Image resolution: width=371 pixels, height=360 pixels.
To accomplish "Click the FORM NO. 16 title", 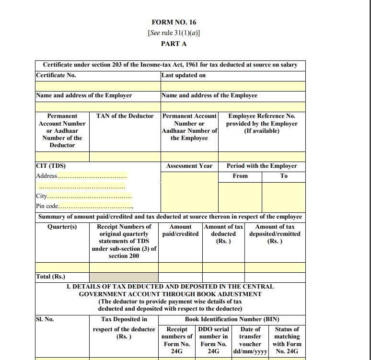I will tap(174, 22).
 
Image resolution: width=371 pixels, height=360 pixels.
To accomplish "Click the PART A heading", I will tap(174, 44).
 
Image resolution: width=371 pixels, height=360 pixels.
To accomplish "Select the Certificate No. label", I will tap(56, 75).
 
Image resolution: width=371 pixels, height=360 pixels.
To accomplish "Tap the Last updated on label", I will tap(184, 75).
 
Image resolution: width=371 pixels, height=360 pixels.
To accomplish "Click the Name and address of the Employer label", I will tap(84, 95).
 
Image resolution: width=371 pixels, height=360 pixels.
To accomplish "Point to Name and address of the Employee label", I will tap(209, 95).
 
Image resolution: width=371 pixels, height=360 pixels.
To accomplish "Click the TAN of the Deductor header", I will tap(125, 116).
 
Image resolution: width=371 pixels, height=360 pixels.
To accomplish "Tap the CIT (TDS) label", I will tap(51, 166).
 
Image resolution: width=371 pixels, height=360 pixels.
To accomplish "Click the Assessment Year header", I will tap(189, 166).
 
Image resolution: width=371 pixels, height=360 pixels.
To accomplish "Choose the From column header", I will tap(240, 176).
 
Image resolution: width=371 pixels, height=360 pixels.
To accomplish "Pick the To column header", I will tap(284, 176).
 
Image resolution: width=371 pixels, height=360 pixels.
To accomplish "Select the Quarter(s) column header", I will tap(62, 227).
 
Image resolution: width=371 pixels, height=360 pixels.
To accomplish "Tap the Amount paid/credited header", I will tap(180, 230).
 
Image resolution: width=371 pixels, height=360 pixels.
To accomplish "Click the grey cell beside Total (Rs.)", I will tap(124, 277).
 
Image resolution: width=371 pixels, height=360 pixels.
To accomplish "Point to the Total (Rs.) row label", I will tap(50, 277).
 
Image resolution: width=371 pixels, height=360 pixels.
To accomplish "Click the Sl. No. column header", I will tap(45, 319).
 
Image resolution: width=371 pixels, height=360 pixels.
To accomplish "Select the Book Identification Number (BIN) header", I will tap(232, 319).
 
